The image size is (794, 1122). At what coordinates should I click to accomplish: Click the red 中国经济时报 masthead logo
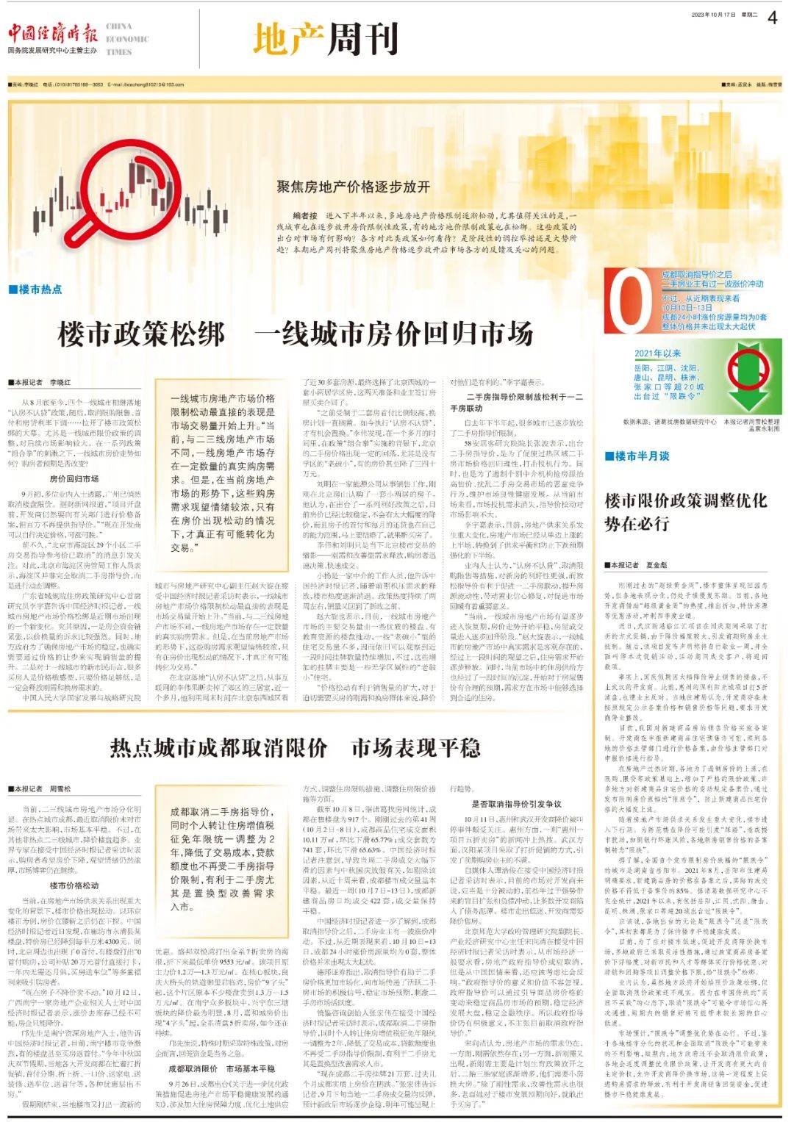(52, 34)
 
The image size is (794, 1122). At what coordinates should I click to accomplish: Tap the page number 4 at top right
(772, 18)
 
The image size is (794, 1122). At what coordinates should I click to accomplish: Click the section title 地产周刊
(326, 39)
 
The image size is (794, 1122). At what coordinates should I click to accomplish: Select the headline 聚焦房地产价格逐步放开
(353, 187)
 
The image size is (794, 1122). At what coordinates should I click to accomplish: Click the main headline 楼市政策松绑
(141, 334)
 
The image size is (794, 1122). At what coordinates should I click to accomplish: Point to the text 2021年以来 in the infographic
(658, 353)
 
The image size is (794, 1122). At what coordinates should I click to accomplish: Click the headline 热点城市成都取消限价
(218, 748)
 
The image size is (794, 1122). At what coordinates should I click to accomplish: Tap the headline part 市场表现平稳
(415, 748)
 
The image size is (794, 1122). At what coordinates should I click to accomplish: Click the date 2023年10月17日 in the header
(713, 15)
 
